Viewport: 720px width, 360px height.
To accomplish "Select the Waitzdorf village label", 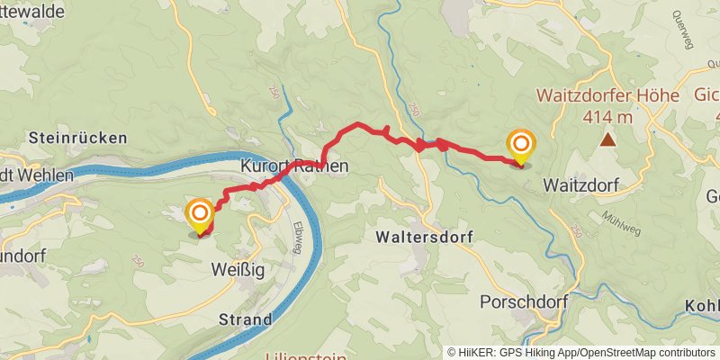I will [x=579, y=184].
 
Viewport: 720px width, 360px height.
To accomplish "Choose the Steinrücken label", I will [x=77, y=138].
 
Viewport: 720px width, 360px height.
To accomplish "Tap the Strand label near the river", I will [x=245, y=319].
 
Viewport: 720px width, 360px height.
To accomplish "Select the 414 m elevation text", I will [x=608, y=116].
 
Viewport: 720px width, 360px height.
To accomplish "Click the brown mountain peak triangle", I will [x=609, y=139].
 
